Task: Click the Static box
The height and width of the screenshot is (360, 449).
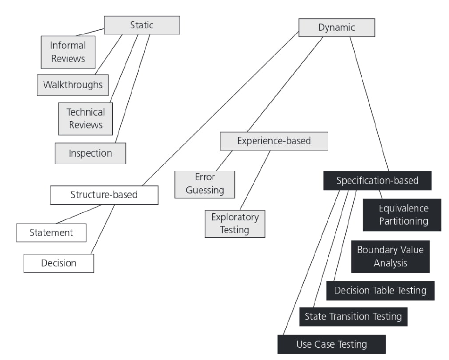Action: pos(142,25)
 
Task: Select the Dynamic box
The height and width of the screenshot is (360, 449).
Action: pos(336,28)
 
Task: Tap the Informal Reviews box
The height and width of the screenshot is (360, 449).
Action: pos(68,52)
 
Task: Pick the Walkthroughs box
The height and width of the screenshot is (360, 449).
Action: pos(73,85)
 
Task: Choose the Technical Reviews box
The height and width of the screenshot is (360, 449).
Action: pos(86,118)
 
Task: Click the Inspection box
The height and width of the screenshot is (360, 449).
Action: pos(91,153)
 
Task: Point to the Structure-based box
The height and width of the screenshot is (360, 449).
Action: pos(104,194)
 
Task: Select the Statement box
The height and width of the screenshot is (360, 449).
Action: pos(51,233)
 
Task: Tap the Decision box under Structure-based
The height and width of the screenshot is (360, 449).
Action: pos(59,263)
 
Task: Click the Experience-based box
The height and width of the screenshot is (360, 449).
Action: pos(274,141)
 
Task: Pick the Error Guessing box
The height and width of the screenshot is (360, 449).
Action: pos(204,184)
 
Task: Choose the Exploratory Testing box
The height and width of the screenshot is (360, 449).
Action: pos(234,224)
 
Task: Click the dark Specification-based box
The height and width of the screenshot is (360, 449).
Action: pos(371,181)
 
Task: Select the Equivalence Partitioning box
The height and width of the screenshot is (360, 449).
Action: pos(402,215)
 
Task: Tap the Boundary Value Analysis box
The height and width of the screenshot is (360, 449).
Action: pos(390,256)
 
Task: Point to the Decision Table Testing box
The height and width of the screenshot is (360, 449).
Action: pos(380,291)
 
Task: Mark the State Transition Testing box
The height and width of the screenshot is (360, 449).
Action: pos(353,316)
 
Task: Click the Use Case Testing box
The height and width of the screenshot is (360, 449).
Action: pos(331,344)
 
